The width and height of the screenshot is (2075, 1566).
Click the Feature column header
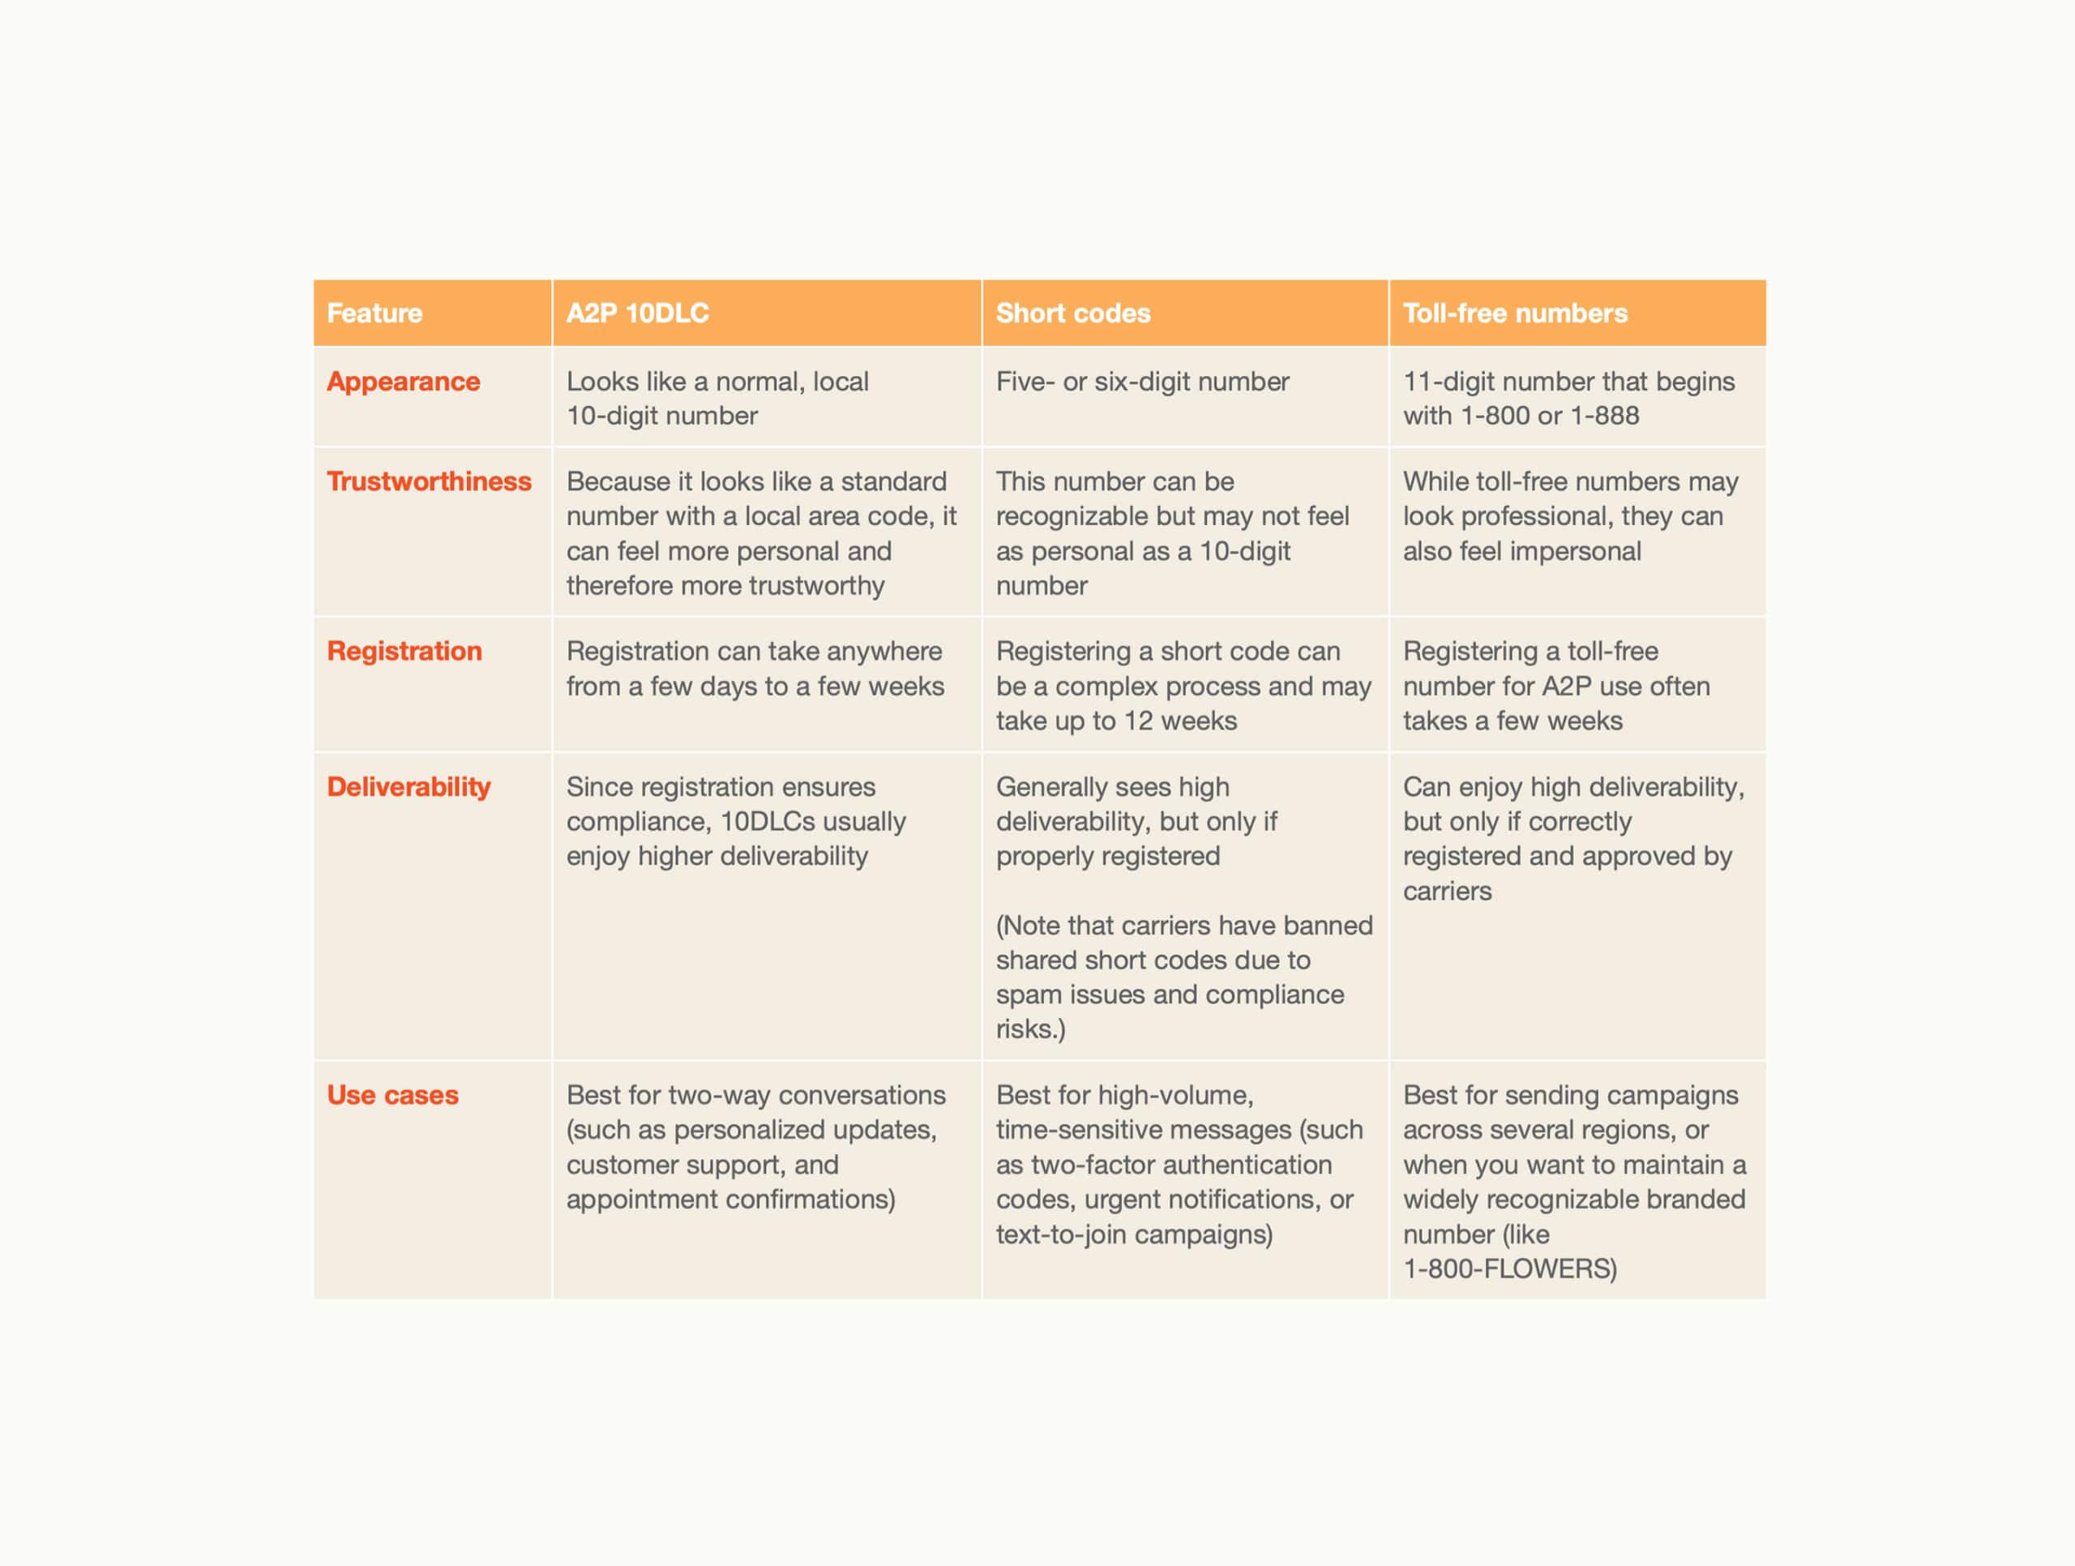(374, 314)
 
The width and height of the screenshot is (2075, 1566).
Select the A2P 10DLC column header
(637, 314)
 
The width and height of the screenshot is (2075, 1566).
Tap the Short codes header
(1072, 314)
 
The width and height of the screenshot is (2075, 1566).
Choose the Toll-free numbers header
(1514, 314)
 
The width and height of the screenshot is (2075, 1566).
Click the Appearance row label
(404, 382)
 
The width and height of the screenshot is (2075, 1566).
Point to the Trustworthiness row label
(429, 481)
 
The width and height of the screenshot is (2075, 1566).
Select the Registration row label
(404, 651)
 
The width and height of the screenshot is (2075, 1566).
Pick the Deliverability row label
(408, 787)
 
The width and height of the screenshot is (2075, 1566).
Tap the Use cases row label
(392, 1095)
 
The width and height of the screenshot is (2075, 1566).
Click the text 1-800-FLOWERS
(1508, 1269)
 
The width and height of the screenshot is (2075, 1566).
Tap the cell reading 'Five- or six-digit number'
(1141, 382)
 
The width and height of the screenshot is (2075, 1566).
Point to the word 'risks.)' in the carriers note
(1030, 1029)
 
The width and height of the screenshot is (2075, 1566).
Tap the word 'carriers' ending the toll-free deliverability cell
(1447, 892)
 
